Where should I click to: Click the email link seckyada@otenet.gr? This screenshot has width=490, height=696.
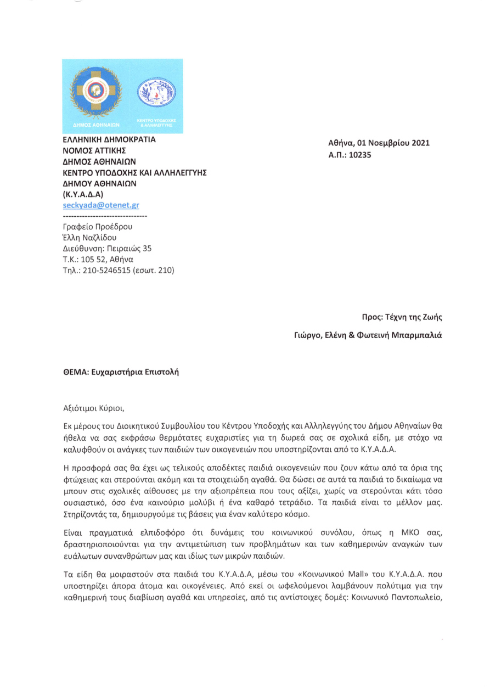click(101, 205)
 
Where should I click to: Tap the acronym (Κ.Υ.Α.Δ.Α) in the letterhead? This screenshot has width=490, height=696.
click(83, 194)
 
